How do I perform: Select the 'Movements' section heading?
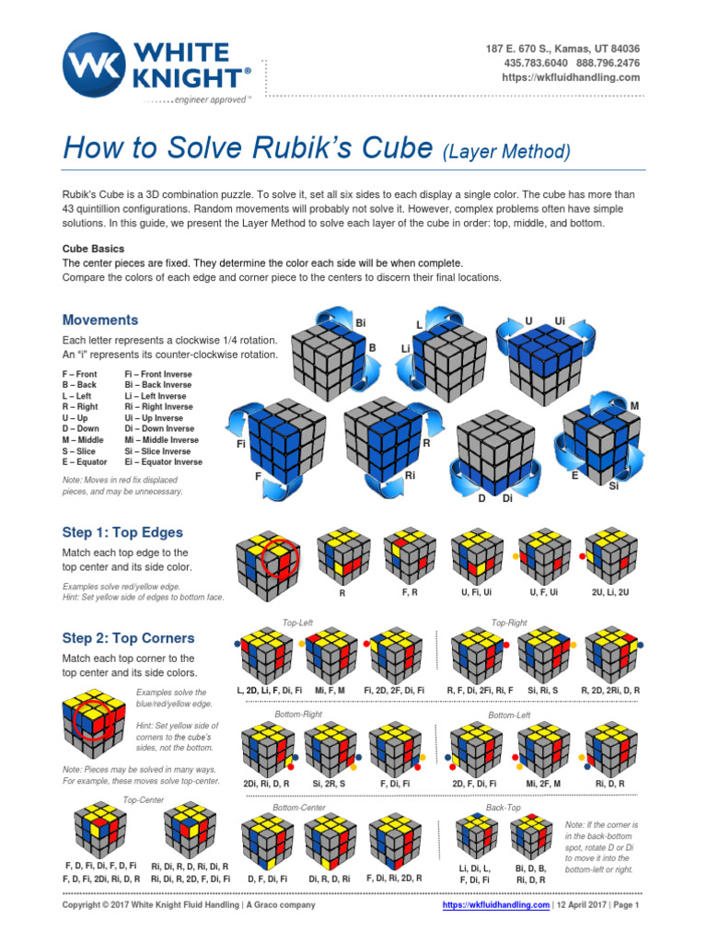pos(100,320)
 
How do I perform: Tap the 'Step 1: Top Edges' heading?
pos(122,532)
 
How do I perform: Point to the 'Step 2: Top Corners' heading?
pos(128,638)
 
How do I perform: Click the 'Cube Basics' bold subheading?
pos(93,249)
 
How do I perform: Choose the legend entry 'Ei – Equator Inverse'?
pos(163,462)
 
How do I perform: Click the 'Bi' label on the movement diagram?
pos(361,324)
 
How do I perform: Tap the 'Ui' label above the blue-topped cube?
pos(559,320)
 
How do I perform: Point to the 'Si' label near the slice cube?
pos(614,485)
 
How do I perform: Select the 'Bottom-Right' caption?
pos(298,715)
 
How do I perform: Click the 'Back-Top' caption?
pos(504,808)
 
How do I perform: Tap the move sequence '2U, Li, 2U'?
pos(609,593)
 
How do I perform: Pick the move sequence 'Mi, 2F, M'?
pos(544,783)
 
